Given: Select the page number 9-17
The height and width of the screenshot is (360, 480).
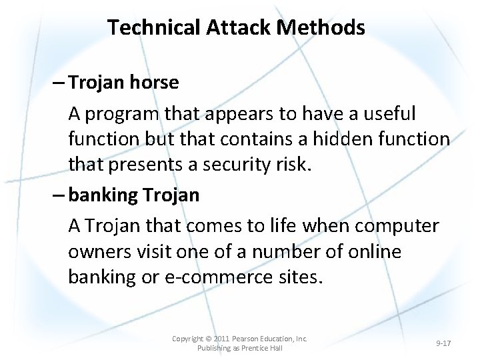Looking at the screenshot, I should click(x=443, y=343).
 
